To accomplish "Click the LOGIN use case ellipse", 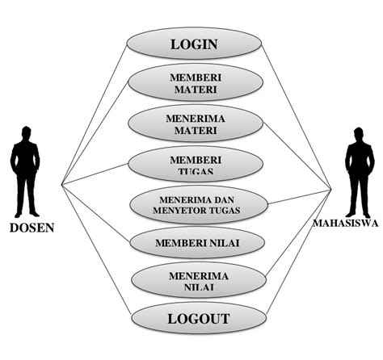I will tap(194, 44).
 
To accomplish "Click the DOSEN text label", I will tap(32, 227).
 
